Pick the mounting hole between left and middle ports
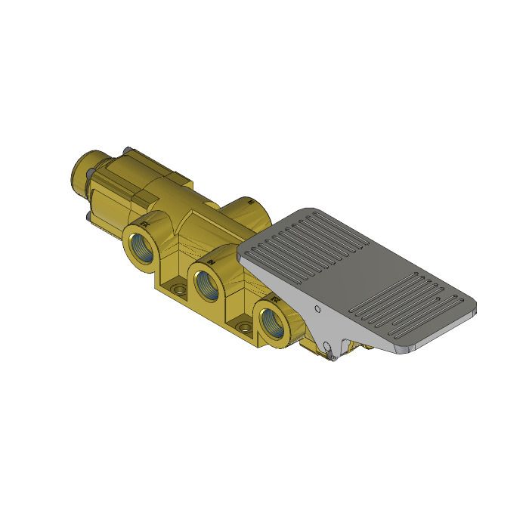point(178,290)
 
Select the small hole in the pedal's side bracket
point(317,309)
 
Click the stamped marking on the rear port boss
point(249,203)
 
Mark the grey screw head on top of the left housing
point(129,148)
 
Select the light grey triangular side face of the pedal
point(310,302)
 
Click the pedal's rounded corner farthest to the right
point(474,308)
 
